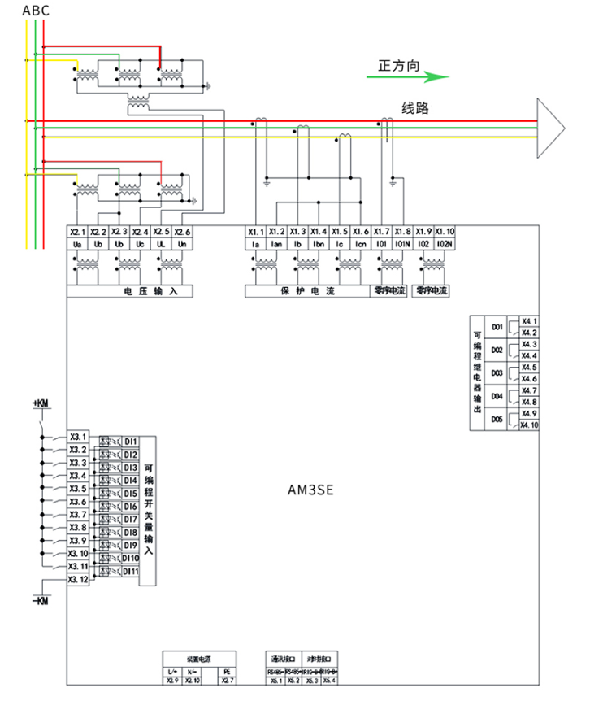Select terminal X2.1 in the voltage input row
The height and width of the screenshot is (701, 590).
coord(78,232)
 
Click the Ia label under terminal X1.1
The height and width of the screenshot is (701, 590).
coord(254,243)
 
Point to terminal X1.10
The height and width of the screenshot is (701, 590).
coord(445,232)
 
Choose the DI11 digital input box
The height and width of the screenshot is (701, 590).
coord(131,572)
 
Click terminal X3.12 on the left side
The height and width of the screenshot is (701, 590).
coord(78,580)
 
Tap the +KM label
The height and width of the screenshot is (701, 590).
coord(40,403)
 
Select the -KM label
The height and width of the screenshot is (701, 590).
coord(40,600)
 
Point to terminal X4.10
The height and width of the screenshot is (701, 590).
coord(529,425)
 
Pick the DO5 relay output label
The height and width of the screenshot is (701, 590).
coord(497,420)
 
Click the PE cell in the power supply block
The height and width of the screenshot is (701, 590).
coord(227,671)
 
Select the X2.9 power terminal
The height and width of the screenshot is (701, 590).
coord(171,680)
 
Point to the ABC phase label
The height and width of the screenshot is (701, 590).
coord(36,10)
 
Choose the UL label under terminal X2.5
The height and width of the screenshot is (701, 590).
coord(162,243)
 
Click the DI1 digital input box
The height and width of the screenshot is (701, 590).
coord(131,442)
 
